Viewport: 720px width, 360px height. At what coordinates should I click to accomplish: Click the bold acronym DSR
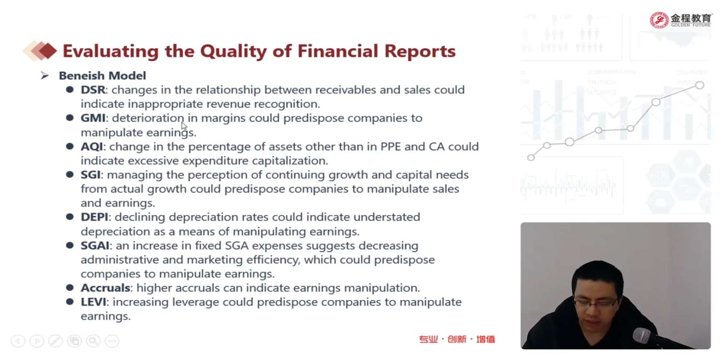click(93, 90)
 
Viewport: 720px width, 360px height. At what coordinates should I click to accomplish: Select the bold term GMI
click(93, 118)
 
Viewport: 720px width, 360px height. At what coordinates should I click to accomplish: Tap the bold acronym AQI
click(92, 146)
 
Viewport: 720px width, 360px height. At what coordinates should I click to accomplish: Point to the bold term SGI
click(91, 175)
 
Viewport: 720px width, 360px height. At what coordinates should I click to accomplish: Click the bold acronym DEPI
click(95, 217)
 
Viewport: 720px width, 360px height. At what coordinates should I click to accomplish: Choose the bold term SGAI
click(95, 246)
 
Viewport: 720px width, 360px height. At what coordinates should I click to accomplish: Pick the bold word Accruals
click(106, 288)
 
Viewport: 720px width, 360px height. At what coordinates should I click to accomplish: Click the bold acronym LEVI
click(93, 302)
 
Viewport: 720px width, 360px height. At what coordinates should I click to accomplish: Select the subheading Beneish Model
click(102, 76)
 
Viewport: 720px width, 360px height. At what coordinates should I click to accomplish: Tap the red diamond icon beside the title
click(48, 51)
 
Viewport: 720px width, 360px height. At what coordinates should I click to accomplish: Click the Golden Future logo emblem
click(659, 20)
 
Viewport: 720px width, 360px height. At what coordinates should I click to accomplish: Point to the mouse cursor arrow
click(184, 126)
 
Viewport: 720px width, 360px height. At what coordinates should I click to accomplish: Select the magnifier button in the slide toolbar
click(93, 341)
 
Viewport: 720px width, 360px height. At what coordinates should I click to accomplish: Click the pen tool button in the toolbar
click(55, 341)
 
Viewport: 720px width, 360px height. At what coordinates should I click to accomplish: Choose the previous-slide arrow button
click(18, 341)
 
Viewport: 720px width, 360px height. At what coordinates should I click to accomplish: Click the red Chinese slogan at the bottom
click(457, 339)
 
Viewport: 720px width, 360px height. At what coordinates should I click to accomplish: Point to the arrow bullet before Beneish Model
click(45, 76)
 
